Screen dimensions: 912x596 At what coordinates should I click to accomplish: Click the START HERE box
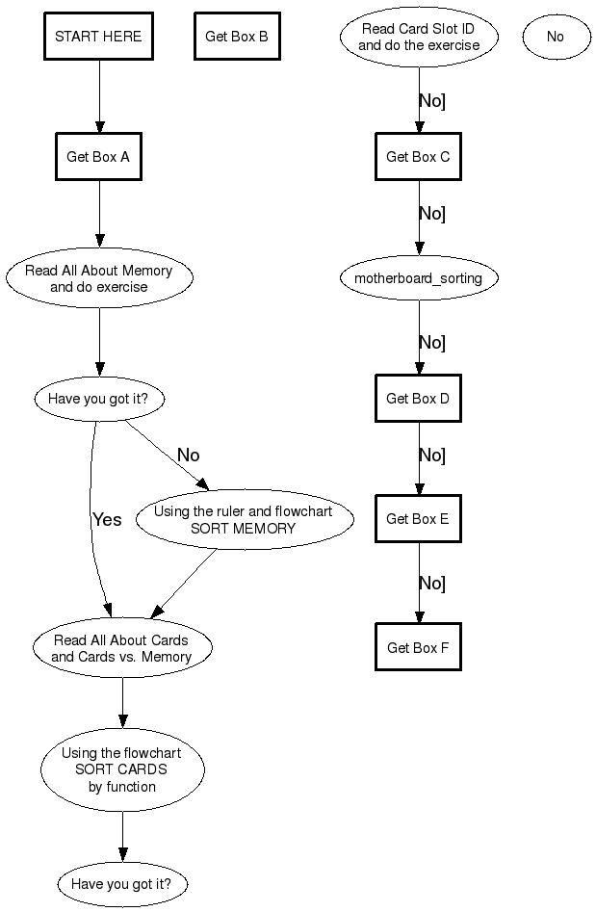click(x=98, y=37)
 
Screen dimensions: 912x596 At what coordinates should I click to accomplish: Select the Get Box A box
click(x=98, y=157)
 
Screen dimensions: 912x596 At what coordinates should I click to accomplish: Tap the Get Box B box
click(x=237, y=37)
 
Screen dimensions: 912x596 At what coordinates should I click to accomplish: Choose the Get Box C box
click(x=418, y=157)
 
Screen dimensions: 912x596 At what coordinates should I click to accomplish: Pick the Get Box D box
click(x=418, y=399)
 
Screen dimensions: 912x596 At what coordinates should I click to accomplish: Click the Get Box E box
click(x=418, y=519)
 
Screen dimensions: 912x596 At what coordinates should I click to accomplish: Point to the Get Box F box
click(x=418, y=648)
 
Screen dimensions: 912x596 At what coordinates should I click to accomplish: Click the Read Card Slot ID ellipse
click(x=419, y=37)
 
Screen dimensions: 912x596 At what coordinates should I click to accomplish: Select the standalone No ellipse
click(x=556, y=37)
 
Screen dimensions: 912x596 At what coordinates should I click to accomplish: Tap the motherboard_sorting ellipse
click(x=419, y=278)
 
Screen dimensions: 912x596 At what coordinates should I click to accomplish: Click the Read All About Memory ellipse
click(x=98, y=278)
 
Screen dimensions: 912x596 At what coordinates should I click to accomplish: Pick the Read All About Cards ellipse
click(x=121, y=648)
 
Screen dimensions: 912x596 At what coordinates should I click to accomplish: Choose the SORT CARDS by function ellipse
click(x=122, y=769)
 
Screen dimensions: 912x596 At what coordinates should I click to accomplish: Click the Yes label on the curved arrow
click(x=107, y=519)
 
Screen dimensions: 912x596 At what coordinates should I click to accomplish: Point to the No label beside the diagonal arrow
click(x=189, y=455)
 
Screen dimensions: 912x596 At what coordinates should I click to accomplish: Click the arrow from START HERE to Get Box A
click(x=99, y=96)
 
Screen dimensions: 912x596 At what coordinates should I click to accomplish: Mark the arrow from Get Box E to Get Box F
click(x=419, y=583)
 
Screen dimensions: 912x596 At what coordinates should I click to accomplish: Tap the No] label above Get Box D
click(x=431, y=342)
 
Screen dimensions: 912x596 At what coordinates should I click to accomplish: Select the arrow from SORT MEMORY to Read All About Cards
click(x=185, y=584)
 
